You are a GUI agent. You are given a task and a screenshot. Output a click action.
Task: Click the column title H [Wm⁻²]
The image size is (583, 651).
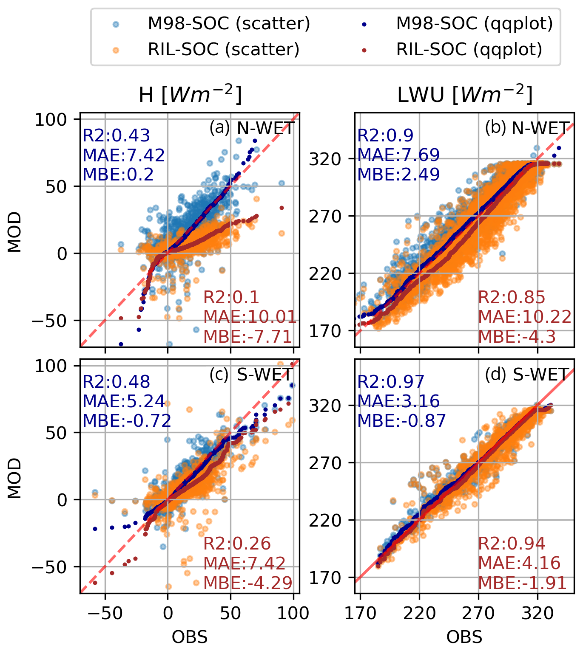click(x=190, y=95)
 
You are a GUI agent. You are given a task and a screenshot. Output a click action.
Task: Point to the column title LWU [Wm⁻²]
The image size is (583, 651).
click(x=464, y=95)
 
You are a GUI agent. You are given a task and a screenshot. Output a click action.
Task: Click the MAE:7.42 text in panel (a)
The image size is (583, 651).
click(x=124, y=155)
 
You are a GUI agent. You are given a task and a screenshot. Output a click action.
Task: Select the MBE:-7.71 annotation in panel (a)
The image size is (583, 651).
click(x=248, y=336)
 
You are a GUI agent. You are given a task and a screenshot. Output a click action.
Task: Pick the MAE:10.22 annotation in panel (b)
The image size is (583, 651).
click(x=525, y=317)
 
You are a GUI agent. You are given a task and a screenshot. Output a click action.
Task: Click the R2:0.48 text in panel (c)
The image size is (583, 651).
click(x=116, y=382)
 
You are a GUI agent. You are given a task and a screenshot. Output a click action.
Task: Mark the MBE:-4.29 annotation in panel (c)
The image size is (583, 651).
click(x=248, y=583)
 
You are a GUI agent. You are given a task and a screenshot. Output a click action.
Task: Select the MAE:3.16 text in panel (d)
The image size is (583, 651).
click(x=398, y=401)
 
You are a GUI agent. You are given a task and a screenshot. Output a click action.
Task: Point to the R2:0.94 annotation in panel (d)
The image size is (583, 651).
click(x=512, y=544)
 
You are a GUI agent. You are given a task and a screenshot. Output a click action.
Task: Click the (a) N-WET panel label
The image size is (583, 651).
click(x=252, y=128)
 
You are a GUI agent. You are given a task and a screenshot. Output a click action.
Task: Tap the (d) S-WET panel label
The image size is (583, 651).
click(x=526, y=375)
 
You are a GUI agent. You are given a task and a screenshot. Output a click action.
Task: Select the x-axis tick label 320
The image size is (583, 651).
click(x=537, y=613)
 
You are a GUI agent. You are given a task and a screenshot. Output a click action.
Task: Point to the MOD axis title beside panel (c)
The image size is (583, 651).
click(x=15, y=478)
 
